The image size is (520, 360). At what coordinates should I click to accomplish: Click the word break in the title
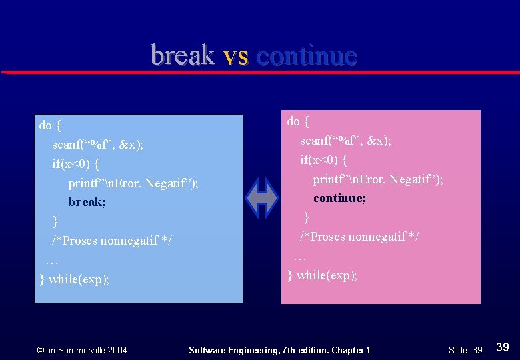[x=182, y=55]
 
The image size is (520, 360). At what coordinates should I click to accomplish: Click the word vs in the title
[x=235, y=55]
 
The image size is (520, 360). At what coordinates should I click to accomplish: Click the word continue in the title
[x=307, y=55]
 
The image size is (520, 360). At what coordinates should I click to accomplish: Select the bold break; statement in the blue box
[x=87, y=202]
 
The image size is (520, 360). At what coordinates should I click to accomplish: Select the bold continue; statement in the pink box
[x=340, y=199]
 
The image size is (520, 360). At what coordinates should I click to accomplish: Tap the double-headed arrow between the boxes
[x=262, y=198]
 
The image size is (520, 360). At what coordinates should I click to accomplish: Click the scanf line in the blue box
[x=97, y=145]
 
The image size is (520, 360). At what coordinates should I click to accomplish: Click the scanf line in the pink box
[x=345, y=141]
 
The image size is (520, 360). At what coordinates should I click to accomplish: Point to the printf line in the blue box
[x=133, y=183]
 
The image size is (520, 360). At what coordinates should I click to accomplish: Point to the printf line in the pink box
[x=378, y=179]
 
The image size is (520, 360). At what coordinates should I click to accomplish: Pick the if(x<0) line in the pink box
[x=324, y=160]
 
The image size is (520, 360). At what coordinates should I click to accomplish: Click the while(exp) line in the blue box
[x=74, y=279]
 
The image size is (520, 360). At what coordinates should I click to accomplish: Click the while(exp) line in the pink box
[x=322, y=275]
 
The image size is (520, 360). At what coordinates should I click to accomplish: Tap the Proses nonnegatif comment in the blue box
[x=112, y=240]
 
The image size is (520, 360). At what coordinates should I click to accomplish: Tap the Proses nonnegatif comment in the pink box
[x=359, y=237]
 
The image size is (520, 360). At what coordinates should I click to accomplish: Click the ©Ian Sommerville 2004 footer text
[x=82, y=350]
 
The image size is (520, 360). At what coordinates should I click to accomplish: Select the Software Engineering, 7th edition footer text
[x=279, y=350]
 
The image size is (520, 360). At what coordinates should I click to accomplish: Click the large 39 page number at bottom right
[x=503, y=347]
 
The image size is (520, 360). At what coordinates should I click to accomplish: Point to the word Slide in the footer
[x=458, y=350]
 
